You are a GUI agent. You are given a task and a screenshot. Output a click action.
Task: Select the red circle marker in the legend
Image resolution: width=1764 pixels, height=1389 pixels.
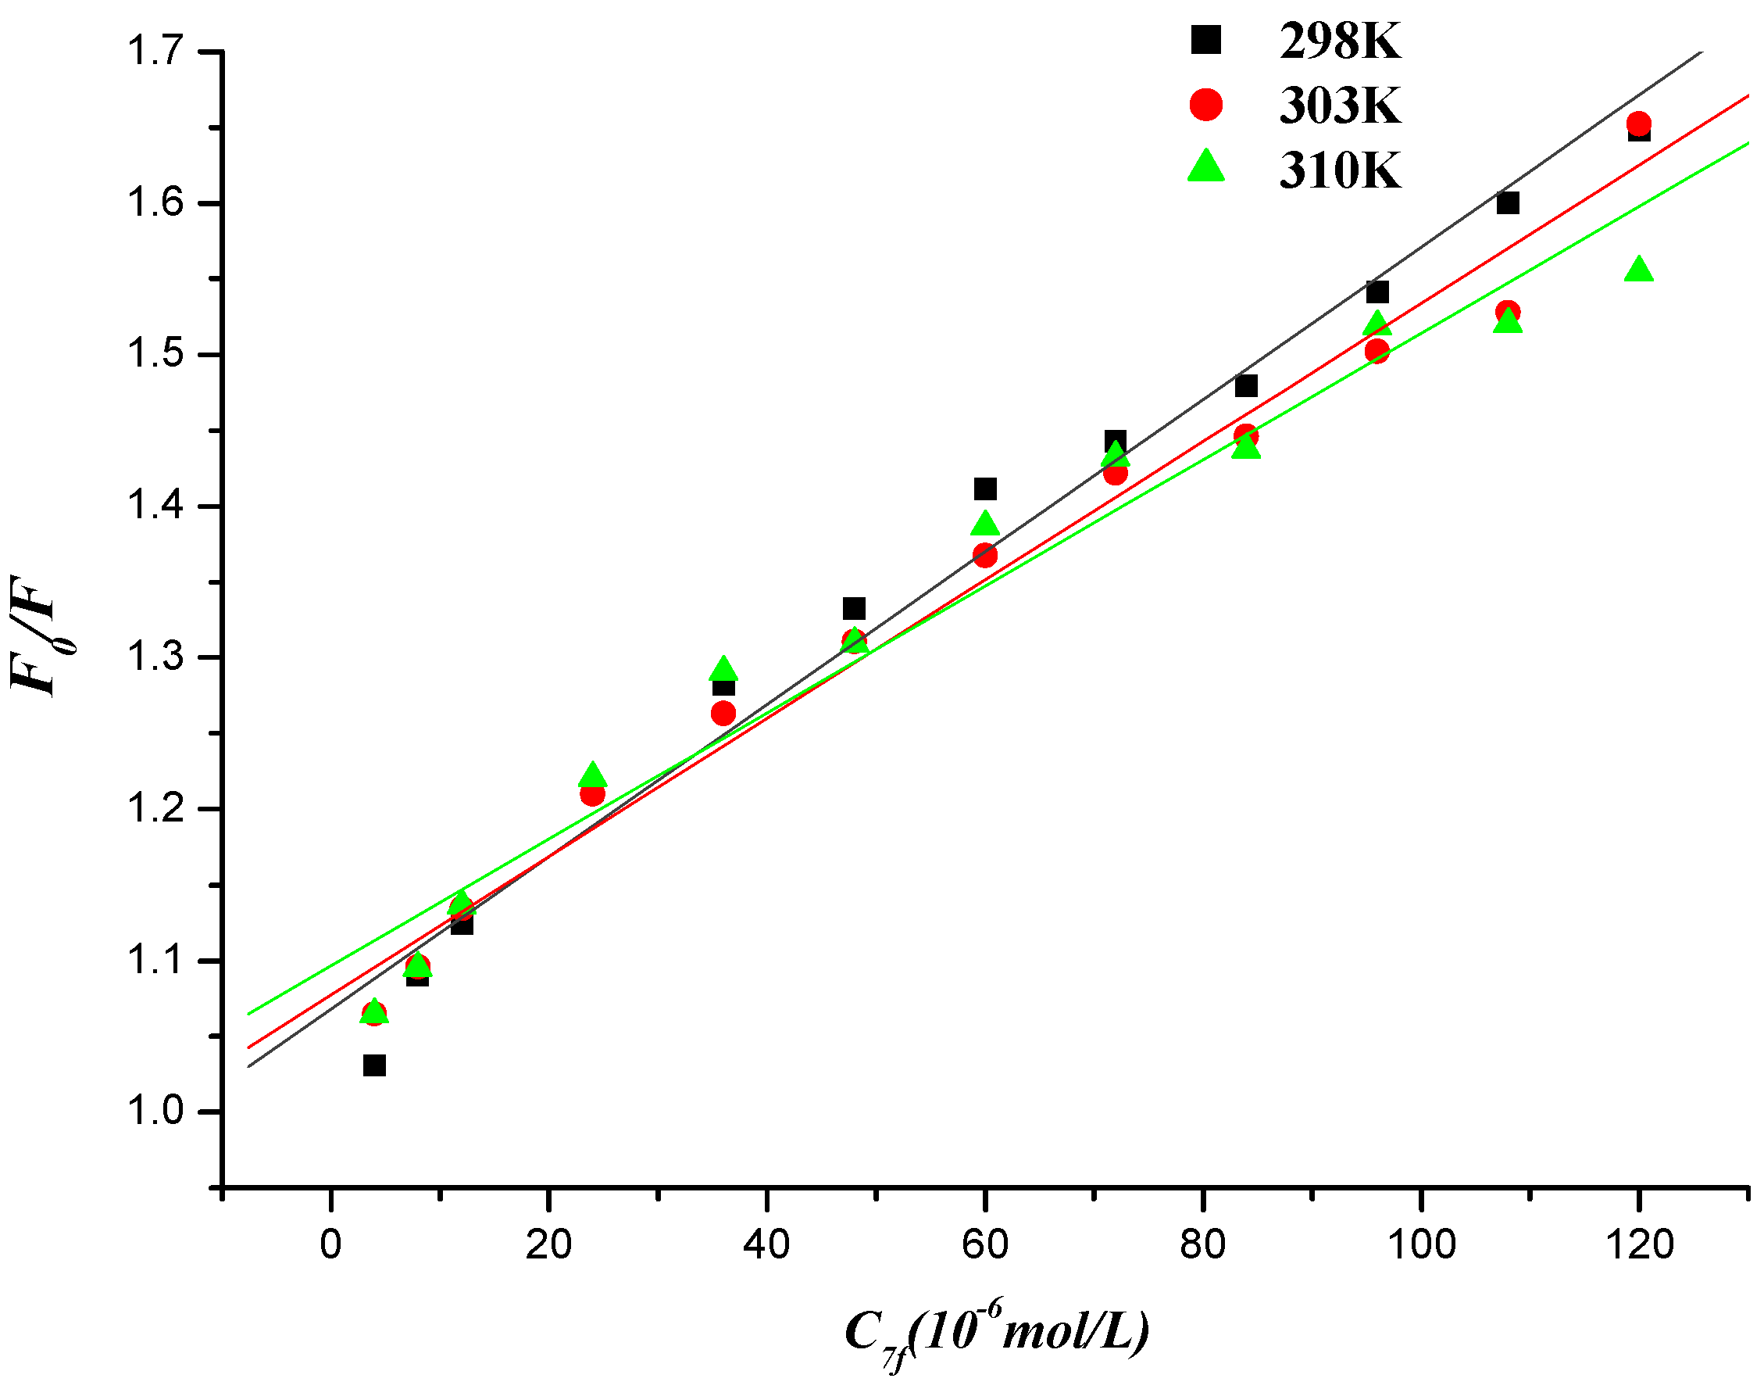click(1205, 104)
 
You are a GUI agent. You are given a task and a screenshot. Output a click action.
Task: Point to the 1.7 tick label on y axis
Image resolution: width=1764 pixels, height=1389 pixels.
click(155, 52)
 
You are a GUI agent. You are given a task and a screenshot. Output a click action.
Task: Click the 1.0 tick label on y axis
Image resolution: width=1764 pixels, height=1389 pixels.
click(155, 1111)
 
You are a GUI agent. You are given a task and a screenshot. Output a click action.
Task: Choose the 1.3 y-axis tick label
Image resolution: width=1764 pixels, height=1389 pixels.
click(155, 657)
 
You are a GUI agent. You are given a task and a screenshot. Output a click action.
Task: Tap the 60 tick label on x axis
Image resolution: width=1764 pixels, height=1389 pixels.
click(984, 1245)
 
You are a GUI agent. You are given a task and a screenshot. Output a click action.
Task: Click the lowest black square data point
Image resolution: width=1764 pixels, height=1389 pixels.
click(374, 1065)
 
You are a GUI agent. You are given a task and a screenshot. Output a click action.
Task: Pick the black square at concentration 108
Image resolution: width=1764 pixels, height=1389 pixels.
click(1508, 202)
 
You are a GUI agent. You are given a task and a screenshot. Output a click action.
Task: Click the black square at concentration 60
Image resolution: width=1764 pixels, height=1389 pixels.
click(984, 489)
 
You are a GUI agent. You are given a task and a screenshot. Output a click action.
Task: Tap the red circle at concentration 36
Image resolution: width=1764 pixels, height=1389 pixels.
click(723, 713)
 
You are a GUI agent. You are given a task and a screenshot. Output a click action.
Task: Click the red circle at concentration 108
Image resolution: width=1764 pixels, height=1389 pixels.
click(1508, 311)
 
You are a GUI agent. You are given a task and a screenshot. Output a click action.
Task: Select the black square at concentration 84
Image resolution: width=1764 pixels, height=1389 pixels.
click(1246, 385)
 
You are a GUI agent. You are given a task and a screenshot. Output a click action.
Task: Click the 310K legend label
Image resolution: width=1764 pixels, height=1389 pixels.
click(1340, 170)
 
